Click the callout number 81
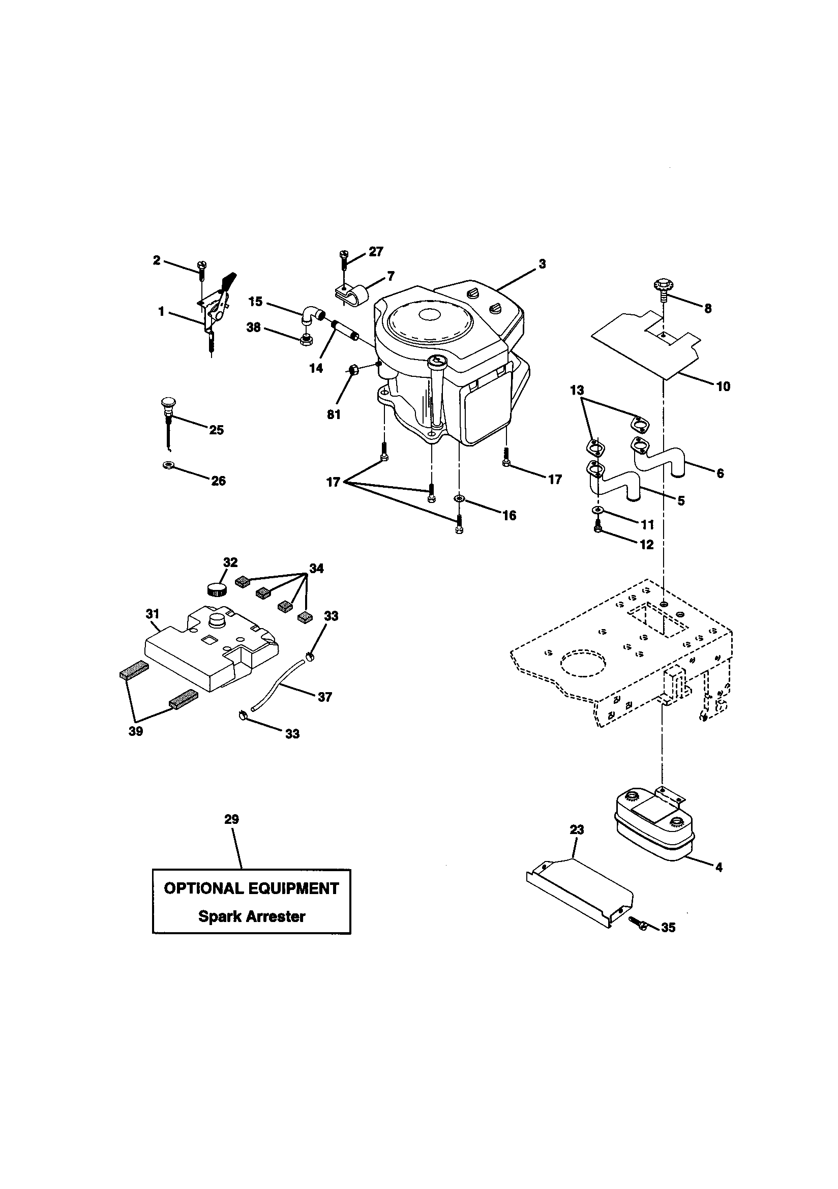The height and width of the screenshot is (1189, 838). click(x=334, y=415)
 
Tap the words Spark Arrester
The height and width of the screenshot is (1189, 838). click(x=252, y=916)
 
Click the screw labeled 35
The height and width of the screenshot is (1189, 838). click(x=639, y=922)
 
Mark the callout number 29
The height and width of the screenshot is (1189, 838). click(x=231, y=819)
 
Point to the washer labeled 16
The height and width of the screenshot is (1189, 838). click(x=459, y=498)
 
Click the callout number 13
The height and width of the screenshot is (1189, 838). click(x=577, y=391)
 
